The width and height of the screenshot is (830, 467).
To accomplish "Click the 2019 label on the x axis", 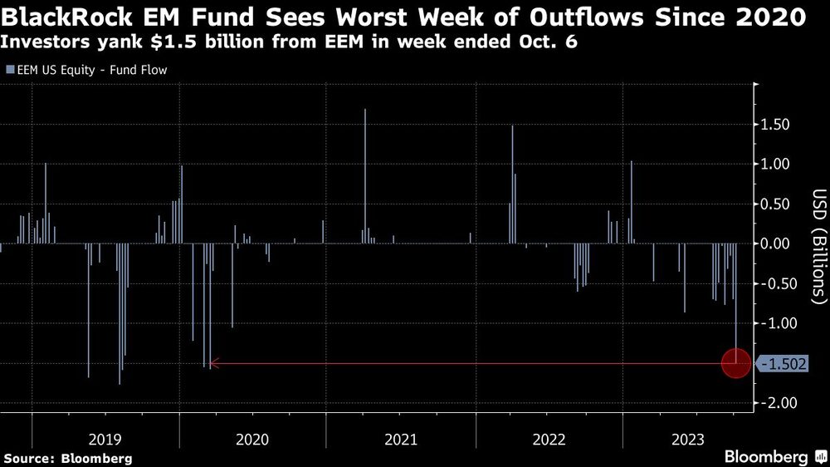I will tap(105, 439).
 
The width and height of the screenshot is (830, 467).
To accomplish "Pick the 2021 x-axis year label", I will tap(401, 439).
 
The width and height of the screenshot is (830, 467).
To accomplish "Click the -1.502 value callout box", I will tap(782, 364).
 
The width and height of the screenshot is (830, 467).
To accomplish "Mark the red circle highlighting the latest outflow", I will tap(736, 363).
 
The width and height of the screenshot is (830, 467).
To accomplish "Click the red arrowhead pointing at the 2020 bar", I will tap(213, 363).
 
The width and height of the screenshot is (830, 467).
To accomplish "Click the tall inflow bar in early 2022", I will tap(512, 184).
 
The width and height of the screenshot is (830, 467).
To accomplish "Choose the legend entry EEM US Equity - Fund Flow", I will tap(86, 70).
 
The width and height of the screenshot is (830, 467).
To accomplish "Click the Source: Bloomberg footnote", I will tap(68, 458).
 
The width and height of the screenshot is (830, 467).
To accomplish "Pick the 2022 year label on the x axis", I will tap(549, 439).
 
